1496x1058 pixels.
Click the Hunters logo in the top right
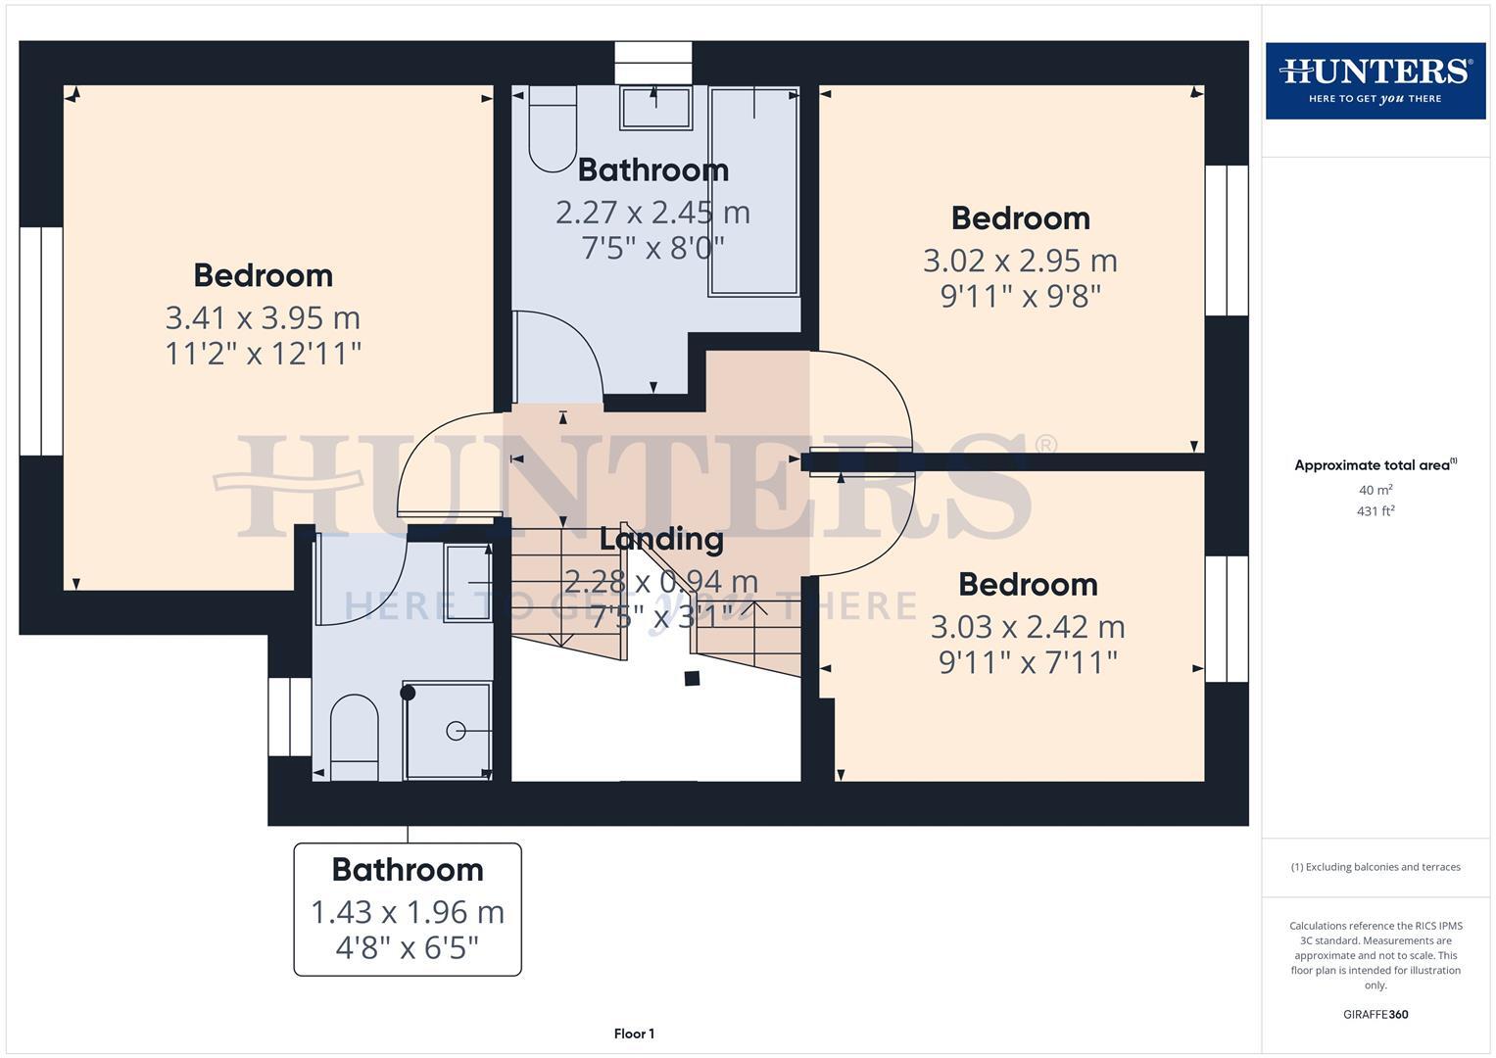pyautogui.click(x=1375, y=80)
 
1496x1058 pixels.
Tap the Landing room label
pyautogui.click(x=661, y=539)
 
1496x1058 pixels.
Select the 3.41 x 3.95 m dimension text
pyautogui.click(x=263, y=317)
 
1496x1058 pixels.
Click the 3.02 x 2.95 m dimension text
pyautogui.click(x=1020, y=261)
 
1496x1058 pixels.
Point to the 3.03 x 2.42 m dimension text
pyautogui.click(x=1028, y=627)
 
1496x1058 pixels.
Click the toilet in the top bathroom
pyautogui.click(x=553, y=129)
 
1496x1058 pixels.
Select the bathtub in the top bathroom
pyautogui.click(x=753, y=191)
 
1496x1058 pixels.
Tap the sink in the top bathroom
pyautogui.click(x=655, y=108)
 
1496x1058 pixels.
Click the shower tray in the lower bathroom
pyautogui.click(x=448, y=731)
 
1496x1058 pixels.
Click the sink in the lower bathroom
pyautogui.click(x=468, y=583)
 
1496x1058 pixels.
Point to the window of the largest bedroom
pyautogui.click(x=41, y=341)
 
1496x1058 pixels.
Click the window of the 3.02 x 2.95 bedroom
pyautogui.click(x=1226, y=240)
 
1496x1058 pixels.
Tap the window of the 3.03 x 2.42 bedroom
pyautogui.click(x=1226, y=618)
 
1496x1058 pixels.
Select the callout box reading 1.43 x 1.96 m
pyautogui.click(x=408, y=909)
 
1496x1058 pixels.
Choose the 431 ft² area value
pyautogui.click(x=1375, y=511)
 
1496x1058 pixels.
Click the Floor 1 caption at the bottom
pyautogui.click(x=634, y=1034)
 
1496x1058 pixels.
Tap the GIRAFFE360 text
pyautogui.click(x=1375, y=1015)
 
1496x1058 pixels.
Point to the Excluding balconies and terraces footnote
pyautogui.click(x=1375, y=867)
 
